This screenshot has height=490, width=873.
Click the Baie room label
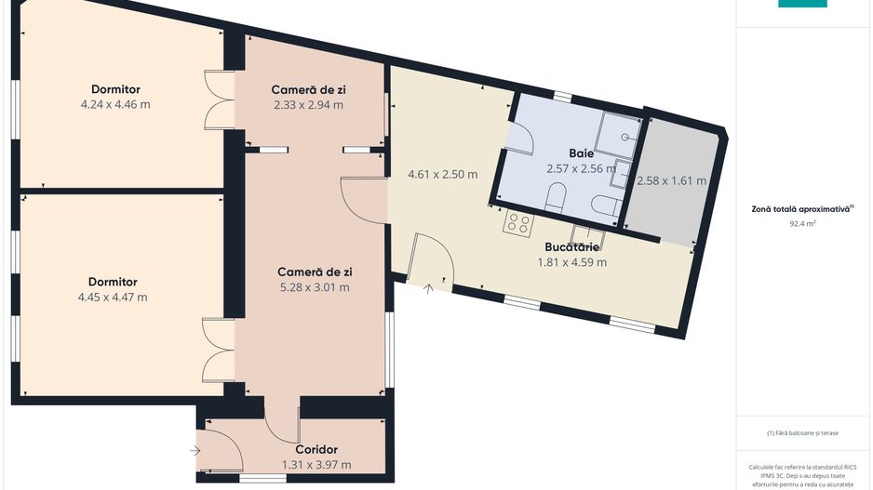582,153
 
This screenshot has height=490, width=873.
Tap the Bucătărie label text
571,247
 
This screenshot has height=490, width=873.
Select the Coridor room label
316,449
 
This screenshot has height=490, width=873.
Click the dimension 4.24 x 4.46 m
115,104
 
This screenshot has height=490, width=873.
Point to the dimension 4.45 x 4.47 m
113,298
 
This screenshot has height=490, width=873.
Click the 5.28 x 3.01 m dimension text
315,287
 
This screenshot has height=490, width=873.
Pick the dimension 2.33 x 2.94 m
308,105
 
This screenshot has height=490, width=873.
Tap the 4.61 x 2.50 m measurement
443,175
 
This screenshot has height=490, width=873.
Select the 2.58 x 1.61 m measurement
671,180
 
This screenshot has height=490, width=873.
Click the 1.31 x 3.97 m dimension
316,465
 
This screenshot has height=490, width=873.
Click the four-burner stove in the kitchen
518,223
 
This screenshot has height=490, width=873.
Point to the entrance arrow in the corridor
195,451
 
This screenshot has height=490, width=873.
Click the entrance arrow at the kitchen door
428,288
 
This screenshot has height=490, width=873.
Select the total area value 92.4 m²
802,224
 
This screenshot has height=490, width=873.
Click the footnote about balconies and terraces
802,433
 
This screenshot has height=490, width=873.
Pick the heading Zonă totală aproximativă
800,209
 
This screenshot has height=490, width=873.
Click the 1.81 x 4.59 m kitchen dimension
571,262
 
